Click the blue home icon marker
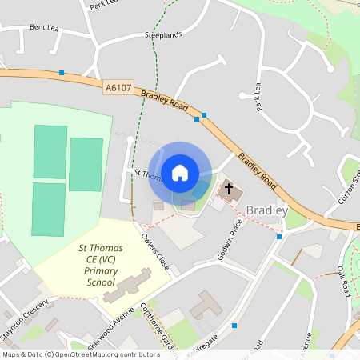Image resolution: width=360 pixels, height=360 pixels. [x=180, y=172]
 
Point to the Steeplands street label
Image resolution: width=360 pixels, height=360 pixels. [x=163, y=35]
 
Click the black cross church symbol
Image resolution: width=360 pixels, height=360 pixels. [x=230, y=190]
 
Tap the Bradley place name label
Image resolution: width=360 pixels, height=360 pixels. [x=266, y=210]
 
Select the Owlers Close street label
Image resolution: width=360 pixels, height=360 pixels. [x=155, y=252]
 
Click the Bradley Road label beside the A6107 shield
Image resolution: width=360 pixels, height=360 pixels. [x=163, y=101]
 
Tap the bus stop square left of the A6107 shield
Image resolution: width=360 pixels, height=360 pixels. [x=62, y=73]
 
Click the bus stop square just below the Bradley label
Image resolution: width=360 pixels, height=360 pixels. [x=278, y=237]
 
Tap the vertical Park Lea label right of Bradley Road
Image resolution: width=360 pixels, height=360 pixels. [x=258, y=97]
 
